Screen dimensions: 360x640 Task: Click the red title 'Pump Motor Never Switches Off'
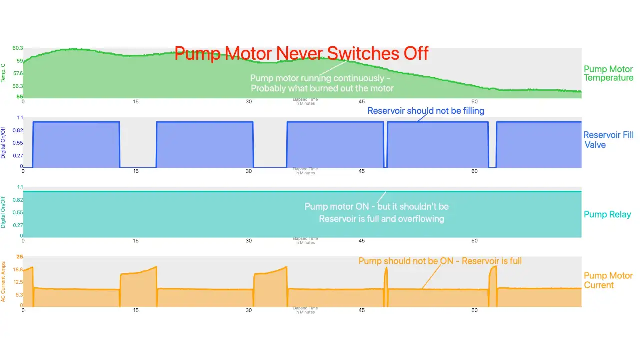pos(301,53)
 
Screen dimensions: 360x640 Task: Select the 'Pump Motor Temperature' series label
pos(608,73)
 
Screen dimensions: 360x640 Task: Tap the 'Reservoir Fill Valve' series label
pos(608,140)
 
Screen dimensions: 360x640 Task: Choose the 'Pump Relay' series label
pos(607,214)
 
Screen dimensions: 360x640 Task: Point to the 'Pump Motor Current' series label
pos(608,280)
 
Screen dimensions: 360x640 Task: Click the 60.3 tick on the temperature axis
pos(18,48)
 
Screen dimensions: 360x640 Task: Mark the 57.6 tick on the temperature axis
pos(18,73)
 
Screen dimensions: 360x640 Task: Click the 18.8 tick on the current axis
pos(18,270)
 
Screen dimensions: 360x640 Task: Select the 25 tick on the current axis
pos(20,257)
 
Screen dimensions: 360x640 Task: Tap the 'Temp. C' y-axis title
pos(3,73)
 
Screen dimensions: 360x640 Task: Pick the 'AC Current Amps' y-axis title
pos(3,281)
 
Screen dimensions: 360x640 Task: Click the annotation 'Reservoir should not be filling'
pos(426,110)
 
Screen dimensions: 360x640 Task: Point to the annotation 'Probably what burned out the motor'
pos(322,88)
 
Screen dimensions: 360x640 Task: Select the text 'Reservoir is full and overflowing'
pos(381,218)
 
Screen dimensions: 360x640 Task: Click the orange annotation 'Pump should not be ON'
pos(440,261)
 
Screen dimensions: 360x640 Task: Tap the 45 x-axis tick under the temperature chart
pos(362,102)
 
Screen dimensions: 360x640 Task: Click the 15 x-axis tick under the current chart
pos(136,310)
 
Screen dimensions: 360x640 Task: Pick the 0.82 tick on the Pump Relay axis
pos(18,200)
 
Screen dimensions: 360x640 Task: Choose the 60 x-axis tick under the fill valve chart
pos(475,171)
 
